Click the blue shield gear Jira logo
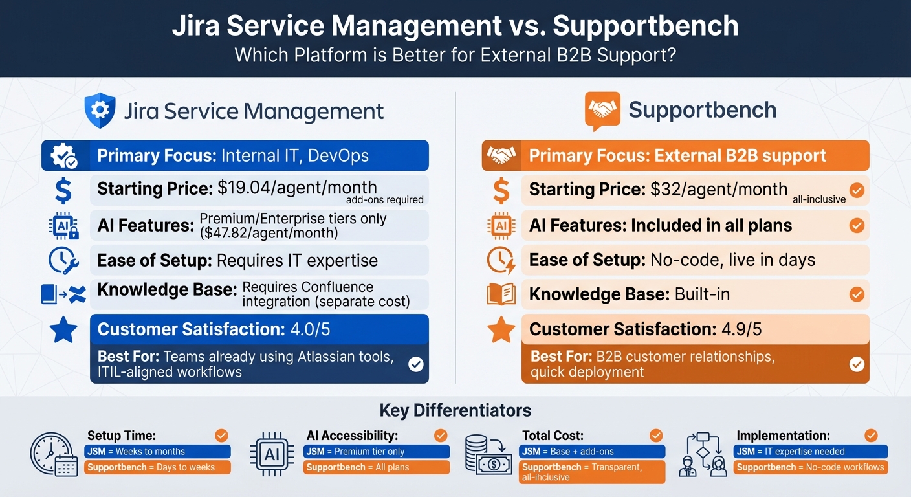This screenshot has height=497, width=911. [x=100, y=111]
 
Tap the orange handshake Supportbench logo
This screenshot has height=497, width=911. [x=602, y=111]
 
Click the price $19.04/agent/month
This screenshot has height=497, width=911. [x=297, y=188]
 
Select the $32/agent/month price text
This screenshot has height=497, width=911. [x=718, y=189]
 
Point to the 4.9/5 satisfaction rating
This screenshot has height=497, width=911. [x=741, y=329]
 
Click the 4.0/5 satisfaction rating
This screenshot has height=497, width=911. [x=310, y=329]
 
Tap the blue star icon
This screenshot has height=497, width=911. [x=63, y=330]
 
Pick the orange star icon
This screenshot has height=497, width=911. [x=501, y=330]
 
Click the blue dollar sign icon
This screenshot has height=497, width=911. [x=63, y=192]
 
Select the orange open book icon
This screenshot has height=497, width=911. [x=501, y=294]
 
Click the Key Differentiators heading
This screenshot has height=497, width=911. [x=455, y=410]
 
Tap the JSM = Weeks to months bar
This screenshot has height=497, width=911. [x=157, y=452]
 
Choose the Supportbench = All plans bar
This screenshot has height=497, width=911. [x=376, y=467]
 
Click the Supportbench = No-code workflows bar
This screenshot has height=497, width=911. [x=810, y=467]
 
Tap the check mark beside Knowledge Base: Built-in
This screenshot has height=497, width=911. [x=856, y=294]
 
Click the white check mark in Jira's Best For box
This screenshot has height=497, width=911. [x=415, y=364]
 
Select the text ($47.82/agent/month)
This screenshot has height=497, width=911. [x=269, y=233]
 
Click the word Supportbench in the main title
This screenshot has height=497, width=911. [x=645, y=26]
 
